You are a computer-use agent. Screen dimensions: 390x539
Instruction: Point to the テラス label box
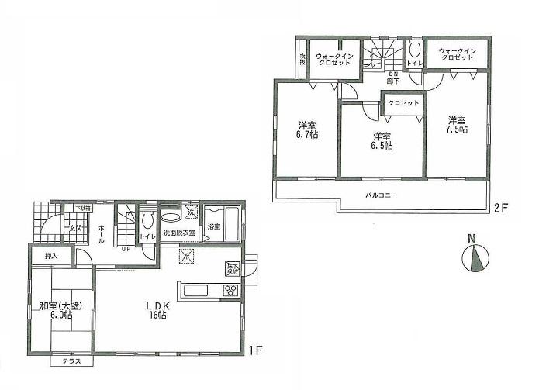71,362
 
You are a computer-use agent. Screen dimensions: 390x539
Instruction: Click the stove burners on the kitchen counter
230,291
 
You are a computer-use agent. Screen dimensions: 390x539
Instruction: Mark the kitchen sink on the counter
194,291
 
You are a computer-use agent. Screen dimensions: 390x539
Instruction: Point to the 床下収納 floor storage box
232,268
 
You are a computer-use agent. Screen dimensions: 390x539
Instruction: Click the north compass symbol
476,257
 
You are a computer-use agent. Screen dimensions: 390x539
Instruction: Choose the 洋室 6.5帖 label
380,140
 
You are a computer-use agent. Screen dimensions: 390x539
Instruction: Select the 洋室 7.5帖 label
457,125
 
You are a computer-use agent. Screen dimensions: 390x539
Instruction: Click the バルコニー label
382,195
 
